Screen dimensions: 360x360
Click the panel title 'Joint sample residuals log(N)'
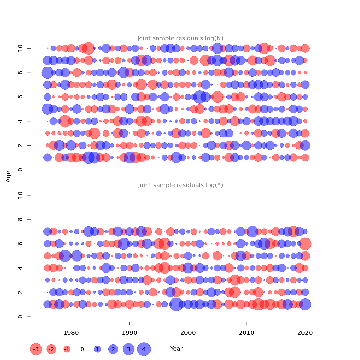click(180, 38)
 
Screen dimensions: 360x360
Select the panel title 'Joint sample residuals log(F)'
click(180, 185)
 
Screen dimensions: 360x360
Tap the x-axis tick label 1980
click(71, 333)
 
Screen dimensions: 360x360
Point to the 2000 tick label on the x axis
click(188, 333)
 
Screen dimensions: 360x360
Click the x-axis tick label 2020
click(305, 333)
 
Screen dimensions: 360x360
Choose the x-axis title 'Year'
click(176, 349)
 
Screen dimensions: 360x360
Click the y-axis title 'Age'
click(8, 176)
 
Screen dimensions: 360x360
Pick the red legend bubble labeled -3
click(36, 349)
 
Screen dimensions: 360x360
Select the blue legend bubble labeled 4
click(144, 349)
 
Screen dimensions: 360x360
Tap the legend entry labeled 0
click(82, 349)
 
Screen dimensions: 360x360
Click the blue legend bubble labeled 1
click(97, 349)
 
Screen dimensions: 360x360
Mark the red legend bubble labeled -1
click(67, 349)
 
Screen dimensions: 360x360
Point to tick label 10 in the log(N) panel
click(20, 48)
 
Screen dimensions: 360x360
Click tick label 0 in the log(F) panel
click(20, 316)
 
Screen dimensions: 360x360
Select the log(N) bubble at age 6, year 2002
click(200, 97)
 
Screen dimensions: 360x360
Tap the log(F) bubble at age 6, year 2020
click(305, 244)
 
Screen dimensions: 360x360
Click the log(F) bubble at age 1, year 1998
click(176, 304)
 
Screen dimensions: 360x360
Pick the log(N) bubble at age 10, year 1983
click(88, 48)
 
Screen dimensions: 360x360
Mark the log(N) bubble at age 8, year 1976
click(47, 73)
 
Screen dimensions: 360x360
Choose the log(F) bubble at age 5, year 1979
click(65, 256)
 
